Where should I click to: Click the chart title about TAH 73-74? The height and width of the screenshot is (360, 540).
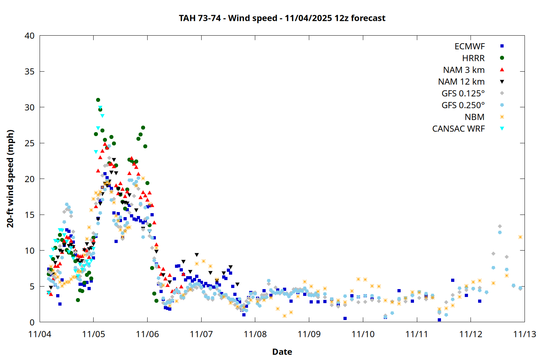tap(282, 18)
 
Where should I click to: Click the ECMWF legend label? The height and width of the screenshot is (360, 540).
tap(469, 46)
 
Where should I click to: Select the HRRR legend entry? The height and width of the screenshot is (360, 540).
tap(473, 58)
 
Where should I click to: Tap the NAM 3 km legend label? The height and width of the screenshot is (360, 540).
tap(464, 70)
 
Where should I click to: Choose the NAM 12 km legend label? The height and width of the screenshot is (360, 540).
tap(461, 82)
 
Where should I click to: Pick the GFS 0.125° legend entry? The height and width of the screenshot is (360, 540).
tap(463, 94)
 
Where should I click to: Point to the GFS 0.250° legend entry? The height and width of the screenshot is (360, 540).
tap(463, 105)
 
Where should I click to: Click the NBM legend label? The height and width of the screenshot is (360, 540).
tap(474, 117)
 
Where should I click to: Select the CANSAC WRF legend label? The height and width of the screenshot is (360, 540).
tap(458, 129)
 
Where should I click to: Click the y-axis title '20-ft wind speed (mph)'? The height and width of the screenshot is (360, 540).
tap(10, 179)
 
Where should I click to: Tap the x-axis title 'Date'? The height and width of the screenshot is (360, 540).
tap(282, 352)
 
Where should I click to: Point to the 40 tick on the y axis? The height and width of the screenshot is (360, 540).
tap(30, 36)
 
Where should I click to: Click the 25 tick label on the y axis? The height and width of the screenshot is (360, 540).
tap(30, 143)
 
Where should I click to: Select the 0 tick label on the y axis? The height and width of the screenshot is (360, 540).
tap(32, 322)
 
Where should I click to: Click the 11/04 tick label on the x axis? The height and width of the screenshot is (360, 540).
tap(40, 334)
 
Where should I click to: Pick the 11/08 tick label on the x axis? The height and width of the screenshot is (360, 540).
tap(255, 334)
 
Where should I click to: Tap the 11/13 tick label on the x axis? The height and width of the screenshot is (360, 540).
tap(525, 334)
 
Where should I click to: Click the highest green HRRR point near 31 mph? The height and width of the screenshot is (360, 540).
tap(98, 100)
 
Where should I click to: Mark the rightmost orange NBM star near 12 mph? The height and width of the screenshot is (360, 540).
tap(520, 237)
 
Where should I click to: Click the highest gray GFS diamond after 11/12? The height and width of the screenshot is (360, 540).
tap(500, 226)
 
